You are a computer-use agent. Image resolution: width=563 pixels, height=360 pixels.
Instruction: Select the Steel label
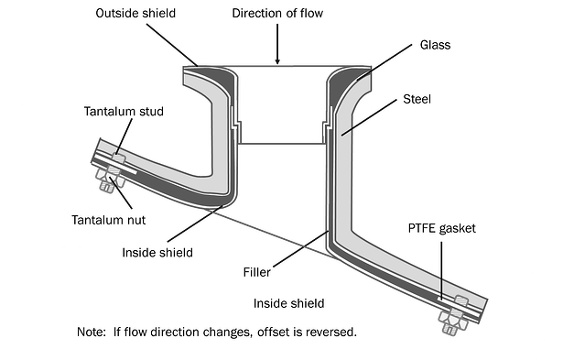pyautogui.click(x=417, y=99)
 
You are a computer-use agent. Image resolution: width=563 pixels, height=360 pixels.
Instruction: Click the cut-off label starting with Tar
pyautogui.click(x=79, y=220)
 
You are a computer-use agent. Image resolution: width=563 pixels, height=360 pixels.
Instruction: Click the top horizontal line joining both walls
pyautogui.click(x=280, y=66)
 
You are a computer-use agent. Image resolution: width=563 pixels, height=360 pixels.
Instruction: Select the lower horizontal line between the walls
pyautogui.click(x=280, y=144)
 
